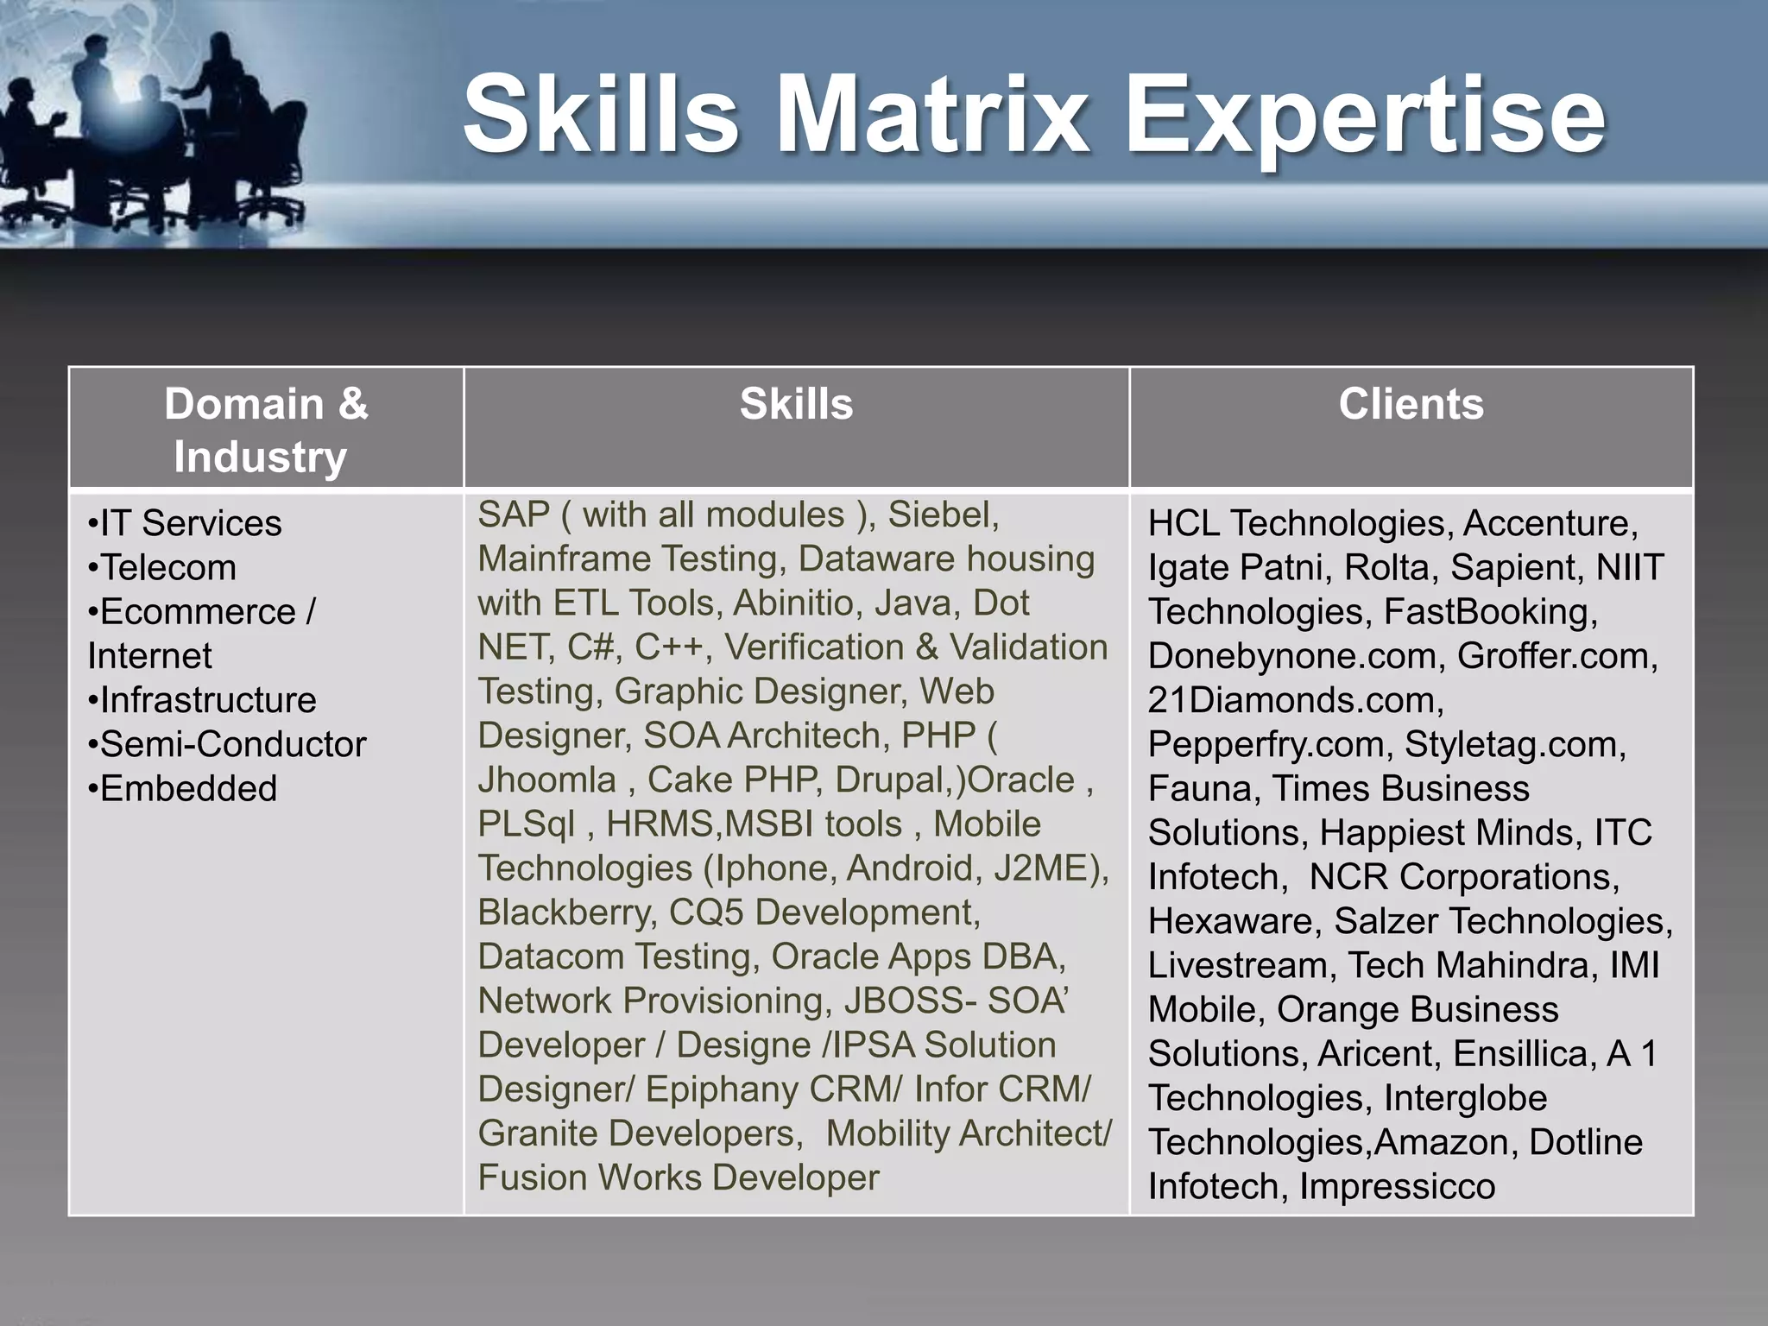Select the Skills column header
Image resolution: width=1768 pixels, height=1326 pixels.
point(796,404)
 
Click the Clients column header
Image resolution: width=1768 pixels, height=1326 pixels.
point(1411,404)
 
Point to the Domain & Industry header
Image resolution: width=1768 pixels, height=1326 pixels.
point(266,430)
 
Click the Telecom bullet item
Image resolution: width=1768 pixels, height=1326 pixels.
point(167,568)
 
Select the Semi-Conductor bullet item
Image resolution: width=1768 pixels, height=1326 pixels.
point(232,744)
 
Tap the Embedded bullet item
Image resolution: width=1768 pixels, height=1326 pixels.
point(187,789)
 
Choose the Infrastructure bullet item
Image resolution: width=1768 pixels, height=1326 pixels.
point(207,700)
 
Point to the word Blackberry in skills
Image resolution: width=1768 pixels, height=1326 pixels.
point(566,912)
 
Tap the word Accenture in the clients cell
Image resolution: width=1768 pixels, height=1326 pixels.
point(1549,524)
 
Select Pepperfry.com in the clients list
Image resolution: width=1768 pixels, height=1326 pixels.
point(1266,744)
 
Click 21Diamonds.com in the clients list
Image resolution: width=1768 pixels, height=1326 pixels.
point(1295,700)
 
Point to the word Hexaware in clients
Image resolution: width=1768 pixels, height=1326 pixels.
point(1232,921)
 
